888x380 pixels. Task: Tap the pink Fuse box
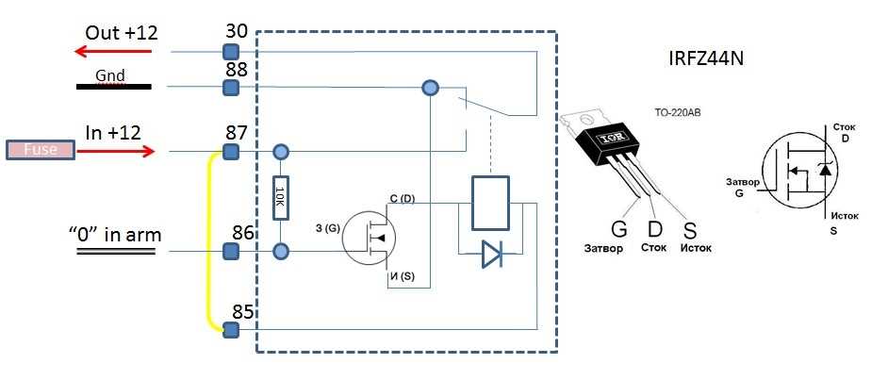(40, 150)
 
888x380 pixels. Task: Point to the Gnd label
(110, 74)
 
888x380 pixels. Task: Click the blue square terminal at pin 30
(228, 51)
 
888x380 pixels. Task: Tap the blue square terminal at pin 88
(228, 88)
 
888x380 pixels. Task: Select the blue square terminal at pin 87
(228, 152)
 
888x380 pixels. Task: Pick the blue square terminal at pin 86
(228, 252)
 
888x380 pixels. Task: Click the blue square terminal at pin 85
(228, 328)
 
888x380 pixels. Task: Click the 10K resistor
(280, 199)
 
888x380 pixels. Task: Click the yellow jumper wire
(210, 240)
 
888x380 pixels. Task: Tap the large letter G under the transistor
(618, 229)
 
